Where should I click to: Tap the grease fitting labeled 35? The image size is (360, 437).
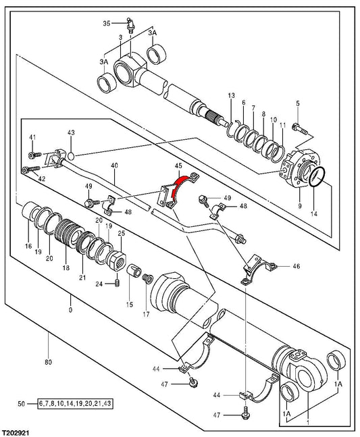130,26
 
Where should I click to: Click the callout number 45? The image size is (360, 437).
178,166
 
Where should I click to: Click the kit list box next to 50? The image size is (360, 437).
75,403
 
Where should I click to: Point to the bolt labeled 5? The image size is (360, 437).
299,129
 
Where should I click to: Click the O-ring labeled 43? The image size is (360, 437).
72,156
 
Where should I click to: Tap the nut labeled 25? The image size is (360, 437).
116,260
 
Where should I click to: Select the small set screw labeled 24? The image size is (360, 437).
117,283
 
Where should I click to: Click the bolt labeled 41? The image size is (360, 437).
35,155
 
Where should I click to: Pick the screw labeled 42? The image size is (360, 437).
32,169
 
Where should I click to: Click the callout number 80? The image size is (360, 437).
48,362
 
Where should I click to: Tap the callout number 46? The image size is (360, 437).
297,266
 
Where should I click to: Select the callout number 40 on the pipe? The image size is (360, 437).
115,165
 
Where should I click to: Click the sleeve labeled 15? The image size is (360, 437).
134,270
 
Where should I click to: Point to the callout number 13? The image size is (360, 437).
231,96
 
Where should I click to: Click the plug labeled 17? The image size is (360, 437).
147,278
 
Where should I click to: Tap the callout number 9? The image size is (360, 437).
300,206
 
